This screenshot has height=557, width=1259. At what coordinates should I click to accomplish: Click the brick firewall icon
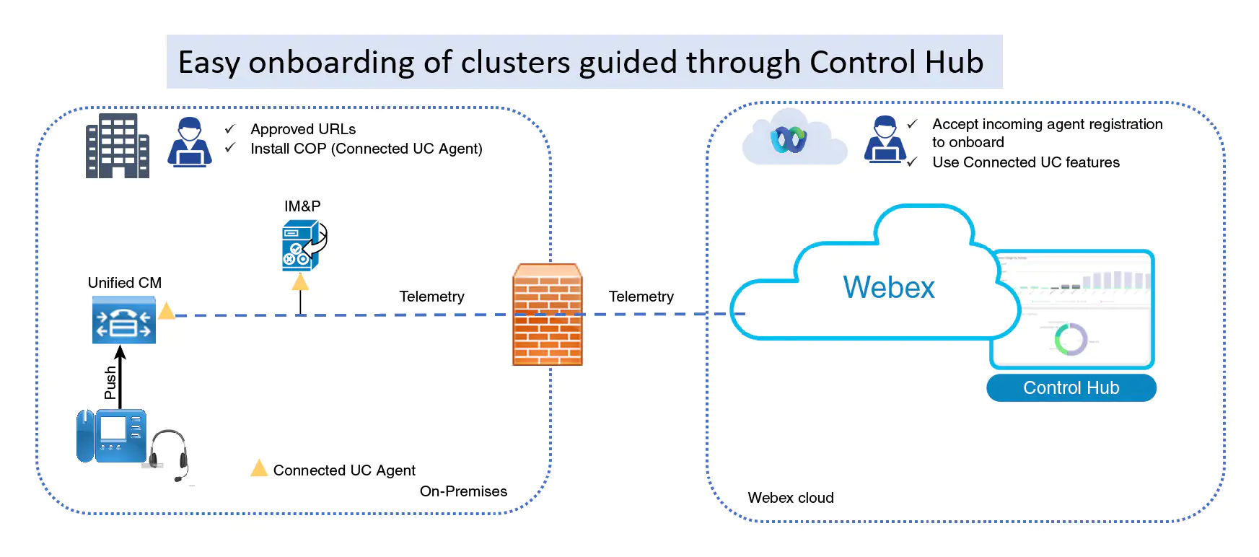point(548,315)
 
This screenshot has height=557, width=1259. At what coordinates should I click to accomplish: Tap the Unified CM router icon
point(124,322)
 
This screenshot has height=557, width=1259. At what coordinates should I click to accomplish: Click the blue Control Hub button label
point(1071,387)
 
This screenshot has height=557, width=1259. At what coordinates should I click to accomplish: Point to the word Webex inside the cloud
point(888,288)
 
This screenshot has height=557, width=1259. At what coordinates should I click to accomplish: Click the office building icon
point(117,146)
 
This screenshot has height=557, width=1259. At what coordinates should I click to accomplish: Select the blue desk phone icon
point(112,436)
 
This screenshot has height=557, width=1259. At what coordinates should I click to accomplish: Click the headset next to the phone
point(170,454)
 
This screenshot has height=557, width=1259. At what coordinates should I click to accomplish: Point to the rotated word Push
point(110,382)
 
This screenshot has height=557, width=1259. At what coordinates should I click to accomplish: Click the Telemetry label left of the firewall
point(431,297)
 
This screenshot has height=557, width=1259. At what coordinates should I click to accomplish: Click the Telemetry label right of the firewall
point(641,297)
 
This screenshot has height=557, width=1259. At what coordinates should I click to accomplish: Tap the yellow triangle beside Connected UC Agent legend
point(258,469)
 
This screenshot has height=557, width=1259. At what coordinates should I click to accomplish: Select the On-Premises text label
point(463,491)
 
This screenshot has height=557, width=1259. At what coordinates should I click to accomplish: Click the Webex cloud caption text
point(790,498)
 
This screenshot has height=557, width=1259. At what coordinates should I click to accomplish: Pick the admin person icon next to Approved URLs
point(190,142)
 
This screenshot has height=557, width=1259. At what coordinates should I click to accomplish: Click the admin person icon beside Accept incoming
point(885,139)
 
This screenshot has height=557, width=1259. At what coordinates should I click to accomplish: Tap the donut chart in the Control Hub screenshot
point(1070,339)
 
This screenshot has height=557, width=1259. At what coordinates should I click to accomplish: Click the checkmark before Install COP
point(230,148)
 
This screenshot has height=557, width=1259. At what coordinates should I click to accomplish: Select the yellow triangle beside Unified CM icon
point(167,311)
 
